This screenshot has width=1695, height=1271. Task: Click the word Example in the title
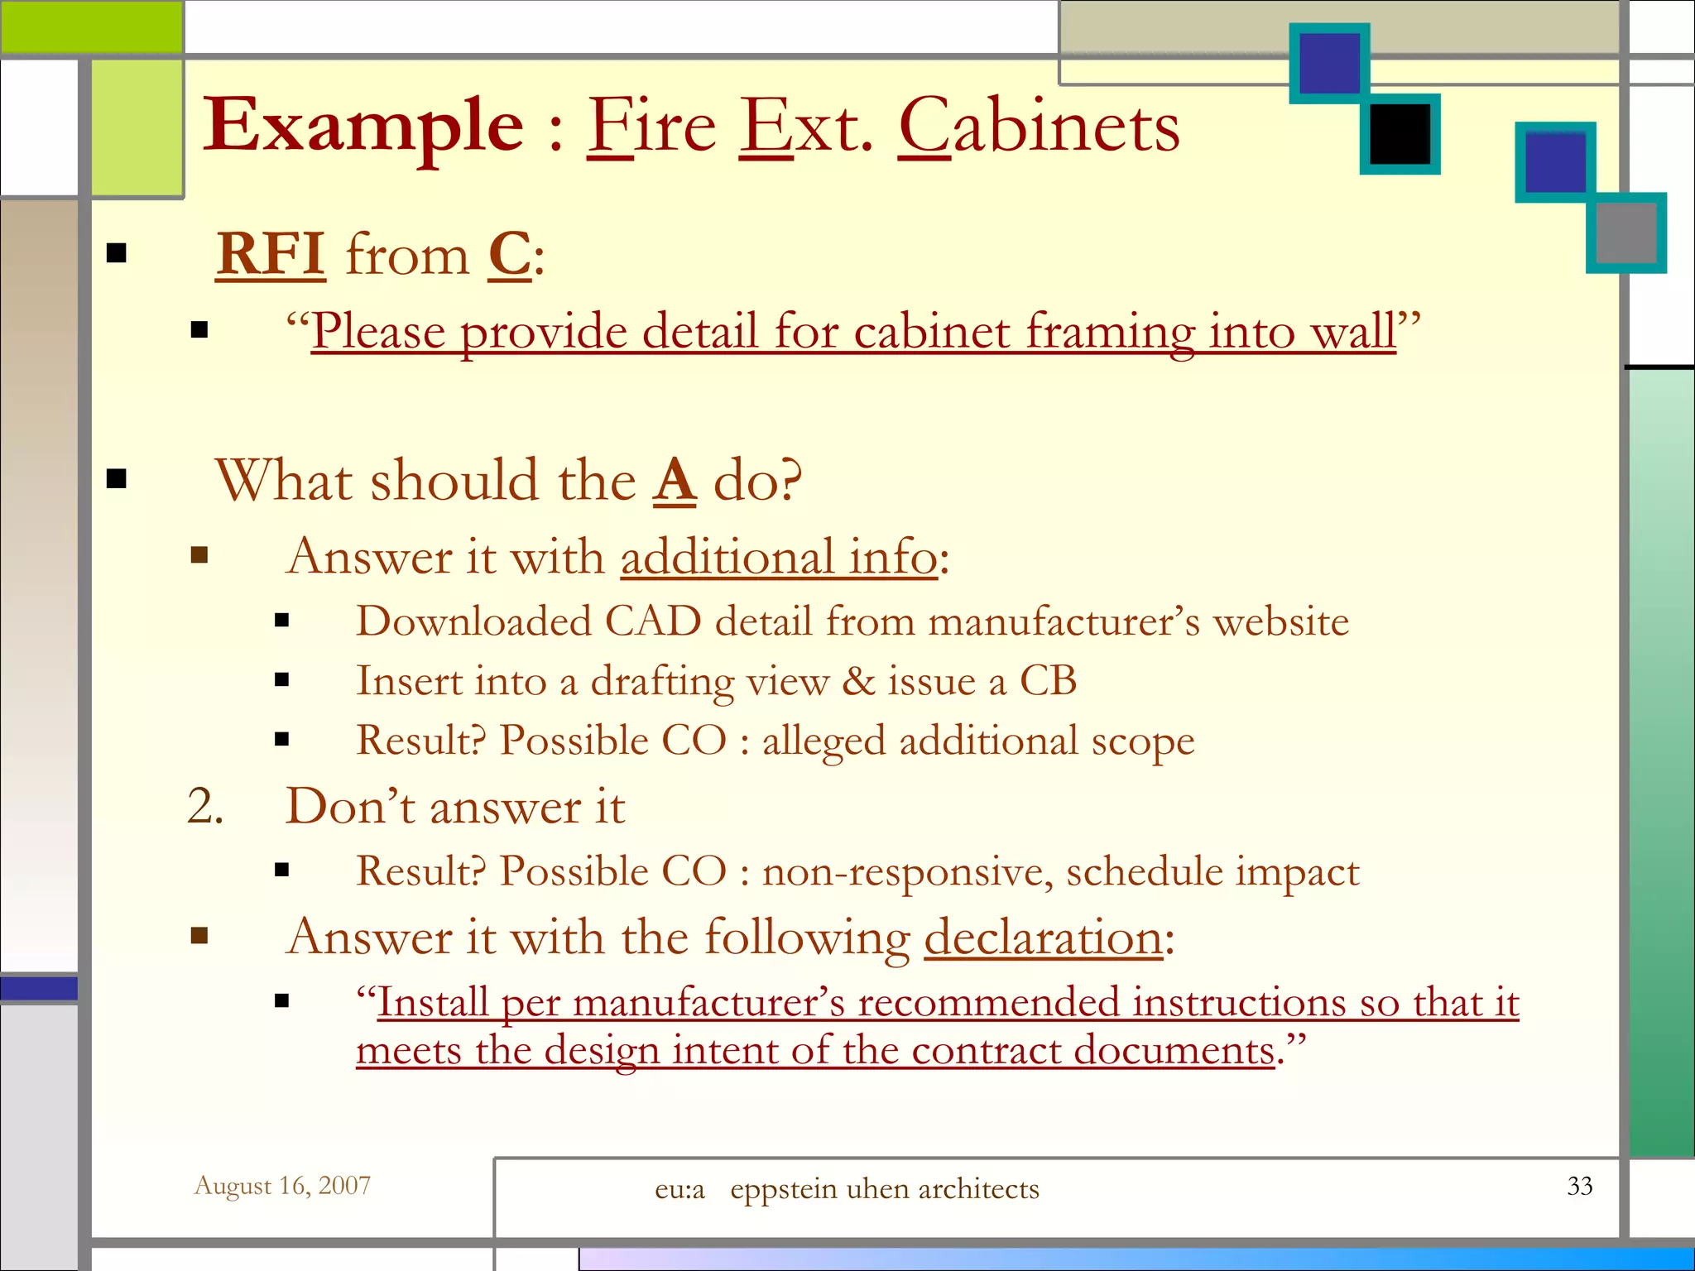pos(363,127)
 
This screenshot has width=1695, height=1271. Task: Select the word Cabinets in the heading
pos(1040,127)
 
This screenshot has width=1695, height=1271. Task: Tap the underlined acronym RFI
pos(271,254)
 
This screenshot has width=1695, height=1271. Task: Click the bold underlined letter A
pos(675,480)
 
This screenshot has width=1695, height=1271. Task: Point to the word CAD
pos(653,621)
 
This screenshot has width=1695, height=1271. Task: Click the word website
pos(1280,621)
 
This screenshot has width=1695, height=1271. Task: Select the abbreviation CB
pos(1048,681)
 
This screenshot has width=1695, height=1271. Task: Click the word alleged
pos(823,741)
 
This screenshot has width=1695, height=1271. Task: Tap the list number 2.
pos(204,806)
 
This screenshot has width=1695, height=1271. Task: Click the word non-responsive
pos(907,871)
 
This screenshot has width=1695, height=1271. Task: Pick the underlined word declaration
pos(1044,938)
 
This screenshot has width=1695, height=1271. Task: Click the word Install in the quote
pos(432,1002)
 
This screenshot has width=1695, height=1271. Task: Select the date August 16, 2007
pos(282,1186)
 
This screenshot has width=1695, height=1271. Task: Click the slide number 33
pos(1579,1186)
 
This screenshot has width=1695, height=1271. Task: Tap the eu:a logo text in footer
pos(679,1189)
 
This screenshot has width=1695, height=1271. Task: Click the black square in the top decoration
pos(1400,134)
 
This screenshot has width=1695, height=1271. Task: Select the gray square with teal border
pos(1625,233)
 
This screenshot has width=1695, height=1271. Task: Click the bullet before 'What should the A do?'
pos(117,478)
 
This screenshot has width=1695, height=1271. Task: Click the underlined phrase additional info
pos(779,556)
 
